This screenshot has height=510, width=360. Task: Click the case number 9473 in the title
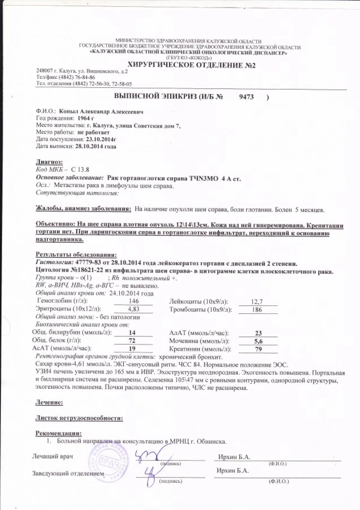(x=247, y=97)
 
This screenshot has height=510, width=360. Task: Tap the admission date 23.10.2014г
(x=101, y=139)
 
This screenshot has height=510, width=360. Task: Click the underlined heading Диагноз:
(x=49, y=162)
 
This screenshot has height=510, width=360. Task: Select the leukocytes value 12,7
(x=257, y=302)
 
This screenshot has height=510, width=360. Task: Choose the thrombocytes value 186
(x=257, y=309)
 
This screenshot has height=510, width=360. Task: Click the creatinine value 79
(x=258, y=349)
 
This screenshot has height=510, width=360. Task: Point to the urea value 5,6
(x=258, y=341)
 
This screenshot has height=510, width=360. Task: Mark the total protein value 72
(x=132, y=341)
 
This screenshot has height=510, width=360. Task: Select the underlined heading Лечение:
(x=49, y=402)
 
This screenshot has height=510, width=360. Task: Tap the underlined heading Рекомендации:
(x=58, y=433)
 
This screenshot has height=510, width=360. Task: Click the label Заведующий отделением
(x=68, y=473)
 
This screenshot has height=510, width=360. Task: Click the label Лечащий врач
(x=52, y=456)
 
